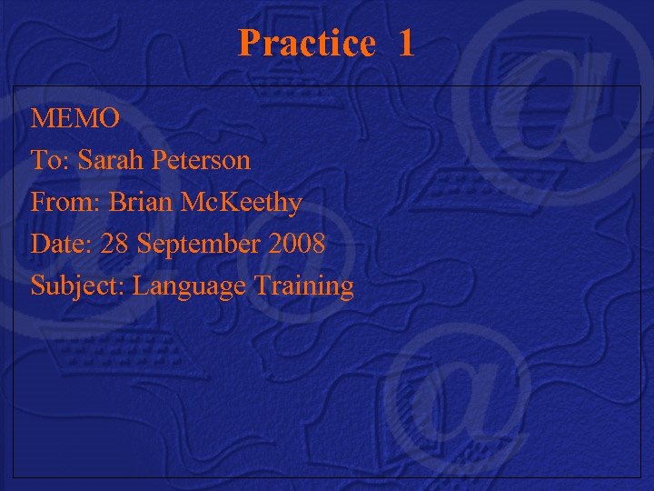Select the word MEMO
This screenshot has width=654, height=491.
(x=75, y=119)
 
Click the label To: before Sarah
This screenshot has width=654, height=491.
(x=51, y=161)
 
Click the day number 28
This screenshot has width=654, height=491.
(x=115, y=245)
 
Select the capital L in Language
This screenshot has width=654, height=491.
(x=141, y=286)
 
